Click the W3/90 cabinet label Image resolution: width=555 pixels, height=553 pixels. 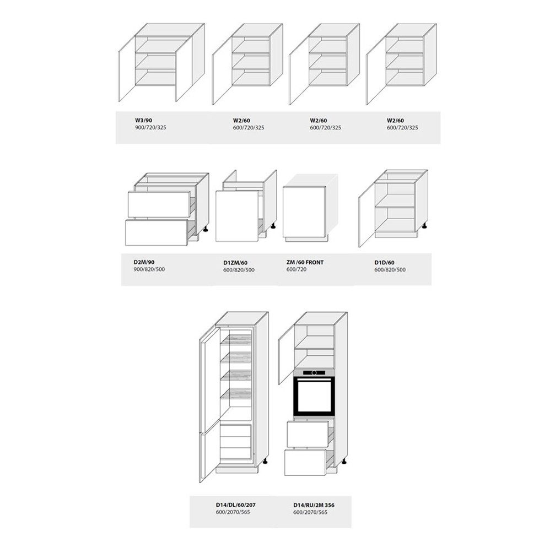(x=143, y=120)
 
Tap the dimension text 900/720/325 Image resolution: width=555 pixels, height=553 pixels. (x=150, y=127)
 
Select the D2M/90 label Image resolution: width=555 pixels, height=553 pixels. (x=144, y=262)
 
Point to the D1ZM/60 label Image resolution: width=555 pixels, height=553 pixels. (x=235, y=263)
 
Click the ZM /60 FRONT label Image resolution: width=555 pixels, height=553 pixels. (x=305, y=262)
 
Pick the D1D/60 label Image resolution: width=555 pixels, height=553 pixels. (x=384, y=263)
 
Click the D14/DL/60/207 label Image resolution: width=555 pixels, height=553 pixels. (x=235, y=505)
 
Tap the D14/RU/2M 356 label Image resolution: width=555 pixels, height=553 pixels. (x=314, y=505)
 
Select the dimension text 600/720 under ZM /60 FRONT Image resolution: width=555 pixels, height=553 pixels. (x=297, y=269)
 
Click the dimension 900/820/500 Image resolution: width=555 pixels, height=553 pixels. (x=149, y=269)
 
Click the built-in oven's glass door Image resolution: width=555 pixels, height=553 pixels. (x=314, y=396)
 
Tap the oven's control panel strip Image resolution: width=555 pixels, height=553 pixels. (x=314, y=372)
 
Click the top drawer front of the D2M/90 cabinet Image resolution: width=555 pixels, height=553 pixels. (x=159, y=204)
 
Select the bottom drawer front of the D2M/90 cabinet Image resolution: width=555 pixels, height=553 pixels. (x=157, y=233)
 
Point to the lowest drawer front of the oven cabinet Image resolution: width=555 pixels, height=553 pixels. (x=305, y=463)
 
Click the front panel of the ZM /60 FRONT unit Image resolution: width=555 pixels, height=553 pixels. (x=304, y=212)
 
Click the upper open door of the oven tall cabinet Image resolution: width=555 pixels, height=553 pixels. (x=287, y=355)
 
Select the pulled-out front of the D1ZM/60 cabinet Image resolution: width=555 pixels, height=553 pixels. (x=236, y=216)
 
